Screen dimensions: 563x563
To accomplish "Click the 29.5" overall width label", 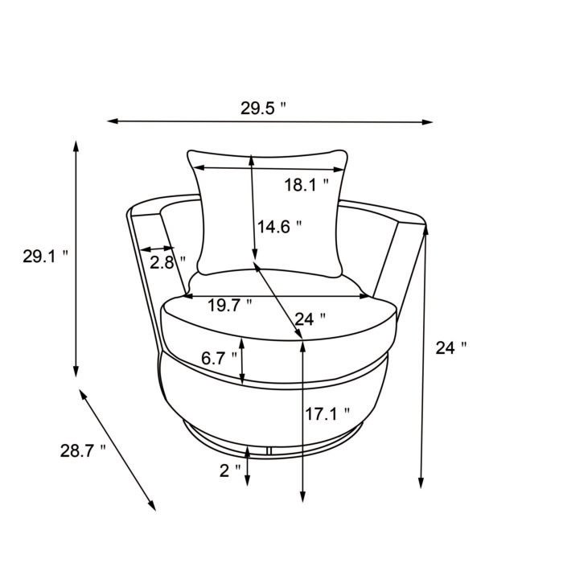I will click(263, 109).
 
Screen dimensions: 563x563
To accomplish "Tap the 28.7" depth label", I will click(83, 450).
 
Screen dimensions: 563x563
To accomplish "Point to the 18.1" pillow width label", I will click(306, 185).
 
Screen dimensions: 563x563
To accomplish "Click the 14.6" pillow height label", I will click(279, 227).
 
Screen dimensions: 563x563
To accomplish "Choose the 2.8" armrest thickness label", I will click(166, 261).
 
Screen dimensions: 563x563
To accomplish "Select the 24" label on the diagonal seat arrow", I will click(310, 318).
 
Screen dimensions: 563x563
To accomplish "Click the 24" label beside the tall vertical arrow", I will click(450, 347).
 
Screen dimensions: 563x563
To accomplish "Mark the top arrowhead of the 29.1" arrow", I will click(76, 146).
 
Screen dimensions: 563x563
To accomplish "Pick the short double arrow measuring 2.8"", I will click(157, 250).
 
